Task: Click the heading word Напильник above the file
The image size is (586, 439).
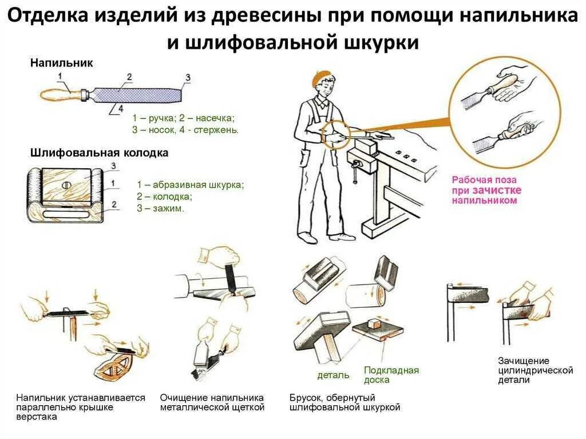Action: click(x=61, y=62)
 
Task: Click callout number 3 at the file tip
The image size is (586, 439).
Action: click(x=188, y=77)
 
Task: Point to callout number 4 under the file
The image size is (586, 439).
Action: click(x=120, y=106)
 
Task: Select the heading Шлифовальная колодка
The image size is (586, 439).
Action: click(x=99, y=153)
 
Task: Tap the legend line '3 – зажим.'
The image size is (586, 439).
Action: click(x=160, y=209)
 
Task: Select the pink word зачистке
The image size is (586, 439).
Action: click(x=497, y=190)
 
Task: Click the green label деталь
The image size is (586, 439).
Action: click(x=333, y=375)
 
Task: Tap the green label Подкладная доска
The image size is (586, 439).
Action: click(x=391, y=375)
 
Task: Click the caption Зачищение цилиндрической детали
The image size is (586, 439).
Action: click(x=535, y=370)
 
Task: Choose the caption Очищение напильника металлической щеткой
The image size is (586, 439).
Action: click(x=212, y=402)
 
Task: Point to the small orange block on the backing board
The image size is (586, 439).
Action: click(x=375, y=324)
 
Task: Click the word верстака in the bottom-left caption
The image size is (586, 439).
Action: click(x=37, y=417)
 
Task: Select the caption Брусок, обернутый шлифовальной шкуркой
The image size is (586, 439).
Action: click(x=345, y=402)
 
